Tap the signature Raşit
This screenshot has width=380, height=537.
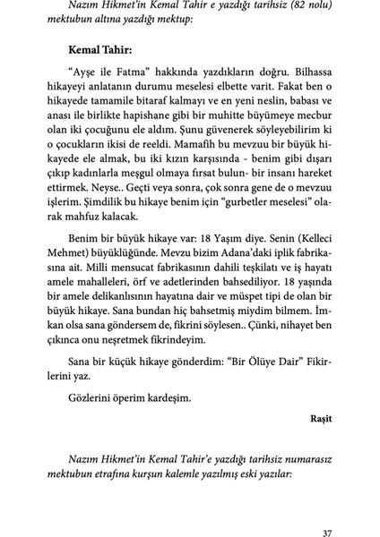click(x=320, y=416)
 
